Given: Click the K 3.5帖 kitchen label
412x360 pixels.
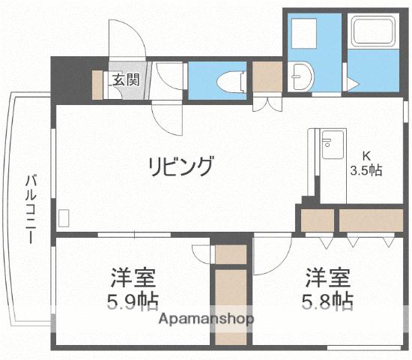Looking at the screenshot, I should [366, 163].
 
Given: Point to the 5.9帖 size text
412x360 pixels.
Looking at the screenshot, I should [130, 301].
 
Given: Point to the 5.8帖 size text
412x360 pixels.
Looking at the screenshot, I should [329, 301].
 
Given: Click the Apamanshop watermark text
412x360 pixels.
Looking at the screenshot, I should [206, 318].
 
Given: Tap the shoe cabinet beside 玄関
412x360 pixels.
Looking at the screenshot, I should [98, 83].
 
